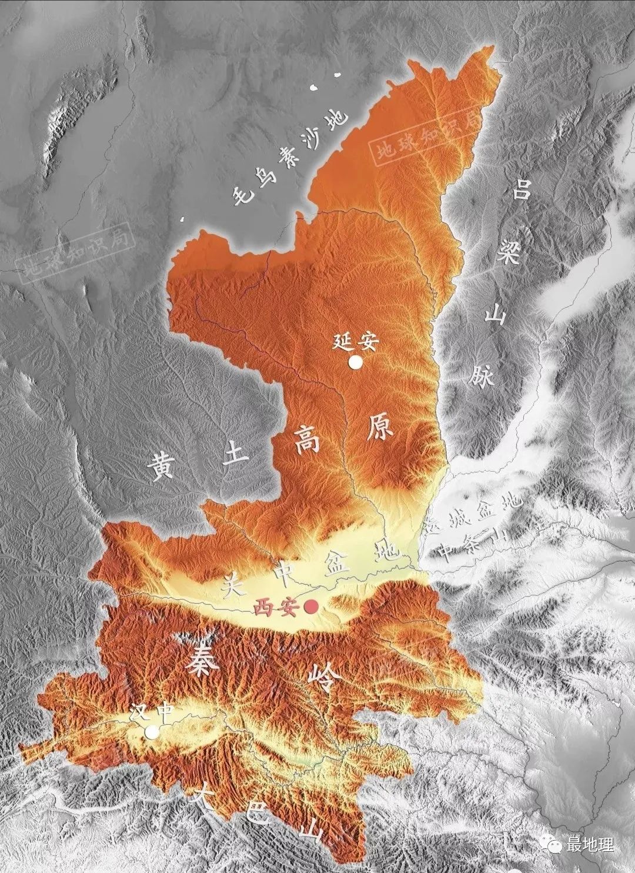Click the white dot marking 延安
[x=355, y=362]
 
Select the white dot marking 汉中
[x=152, y=732]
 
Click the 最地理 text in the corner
[x=590, y=845]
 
